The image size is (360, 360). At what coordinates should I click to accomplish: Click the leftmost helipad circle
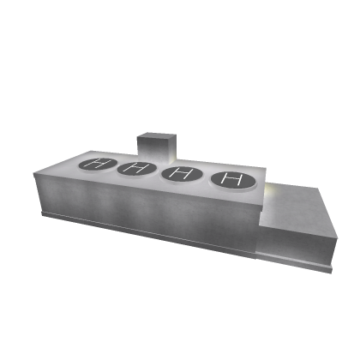coord(98,165)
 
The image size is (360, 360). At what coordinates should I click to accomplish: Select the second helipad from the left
coord(136,168)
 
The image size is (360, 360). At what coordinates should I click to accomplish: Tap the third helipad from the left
coord(182,174)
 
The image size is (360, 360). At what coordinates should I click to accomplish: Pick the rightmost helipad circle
coord(233,180)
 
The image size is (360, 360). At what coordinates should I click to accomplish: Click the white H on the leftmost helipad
coord(98,164)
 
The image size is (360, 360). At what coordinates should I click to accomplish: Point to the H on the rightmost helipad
coord(233,179)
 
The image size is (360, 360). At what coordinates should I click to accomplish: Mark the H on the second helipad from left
coord(136,168)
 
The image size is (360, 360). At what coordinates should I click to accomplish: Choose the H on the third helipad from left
coord(181,173)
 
